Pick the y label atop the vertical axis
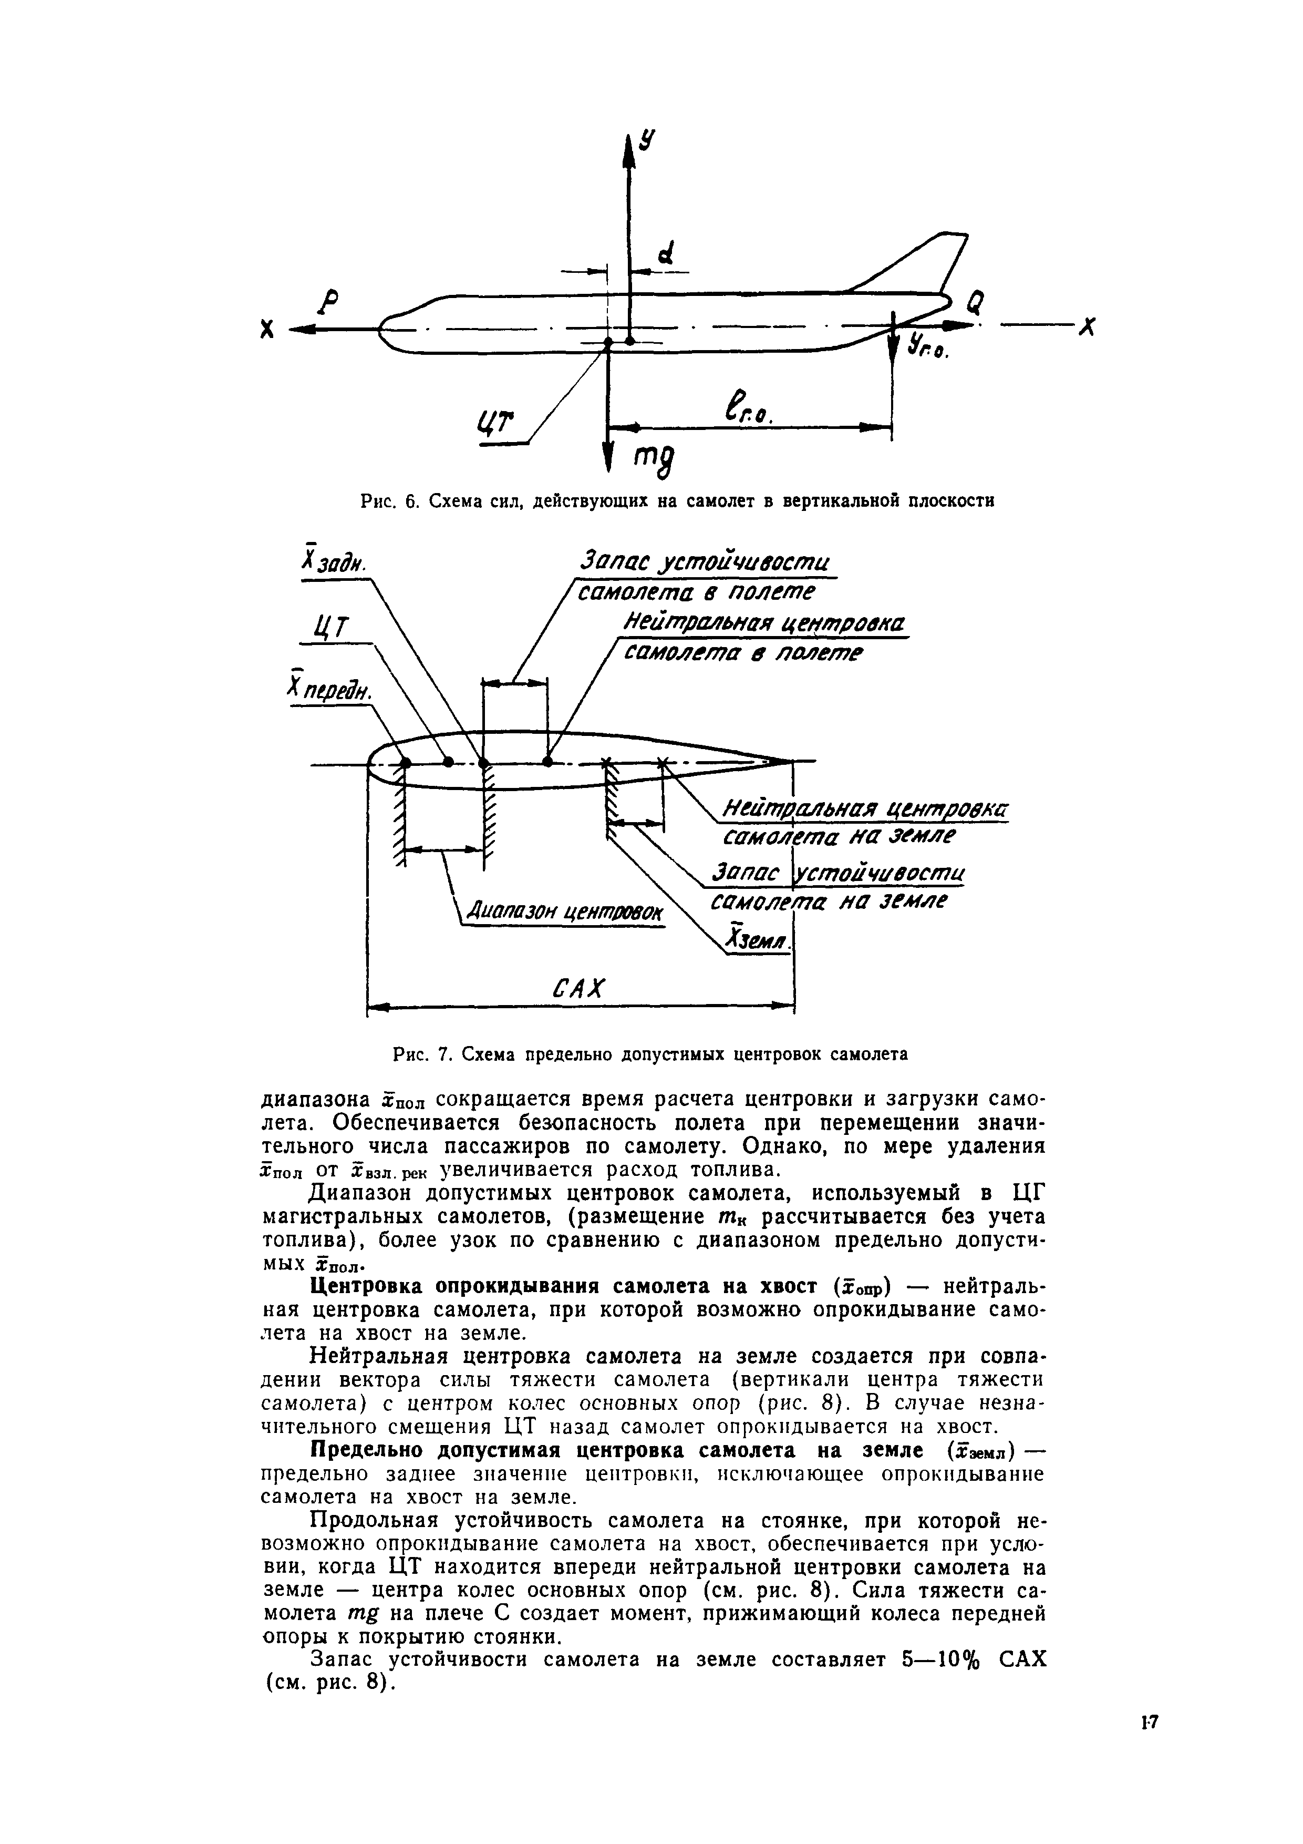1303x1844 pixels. click(647, 141)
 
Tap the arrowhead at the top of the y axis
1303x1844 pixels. click(628, 149)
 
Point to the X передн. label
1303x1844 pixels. click(330, 688)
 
